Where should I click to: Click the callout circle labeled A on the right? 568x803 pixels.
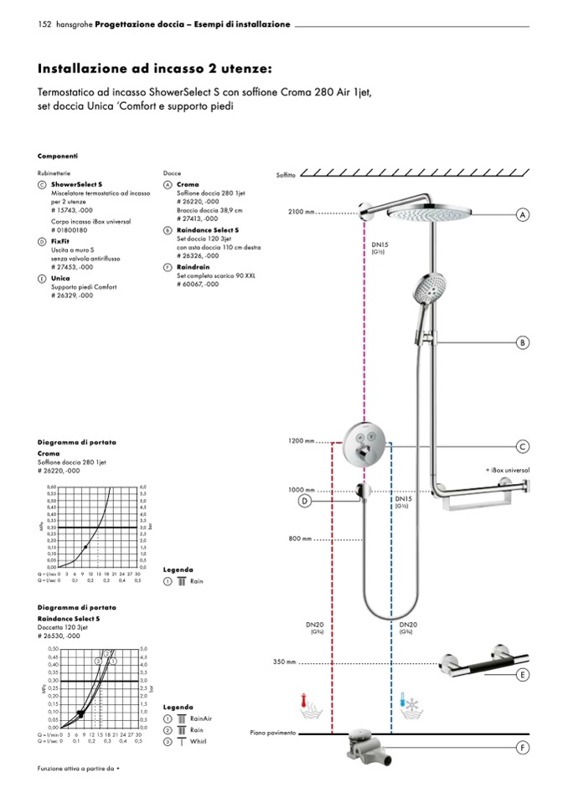point(522,215)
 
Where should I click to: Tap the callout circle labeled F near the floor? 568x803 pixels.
point(522,748)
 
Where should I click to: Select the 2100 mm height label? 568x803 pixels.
point(300,212)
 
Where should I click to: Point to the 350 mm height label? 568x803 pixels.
point(285,662)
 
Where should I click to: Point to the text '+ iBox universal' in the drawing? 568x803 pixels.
point(507,470)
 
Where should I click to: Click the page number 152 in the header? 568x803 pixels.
point(45,24)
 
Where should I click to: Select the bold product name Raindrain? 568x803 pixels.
point(192,266)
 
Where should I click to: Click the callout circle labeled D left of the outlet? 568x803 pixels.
point(306,501)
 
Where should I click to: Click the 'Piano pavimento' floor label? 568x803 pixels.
point(272,733)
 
